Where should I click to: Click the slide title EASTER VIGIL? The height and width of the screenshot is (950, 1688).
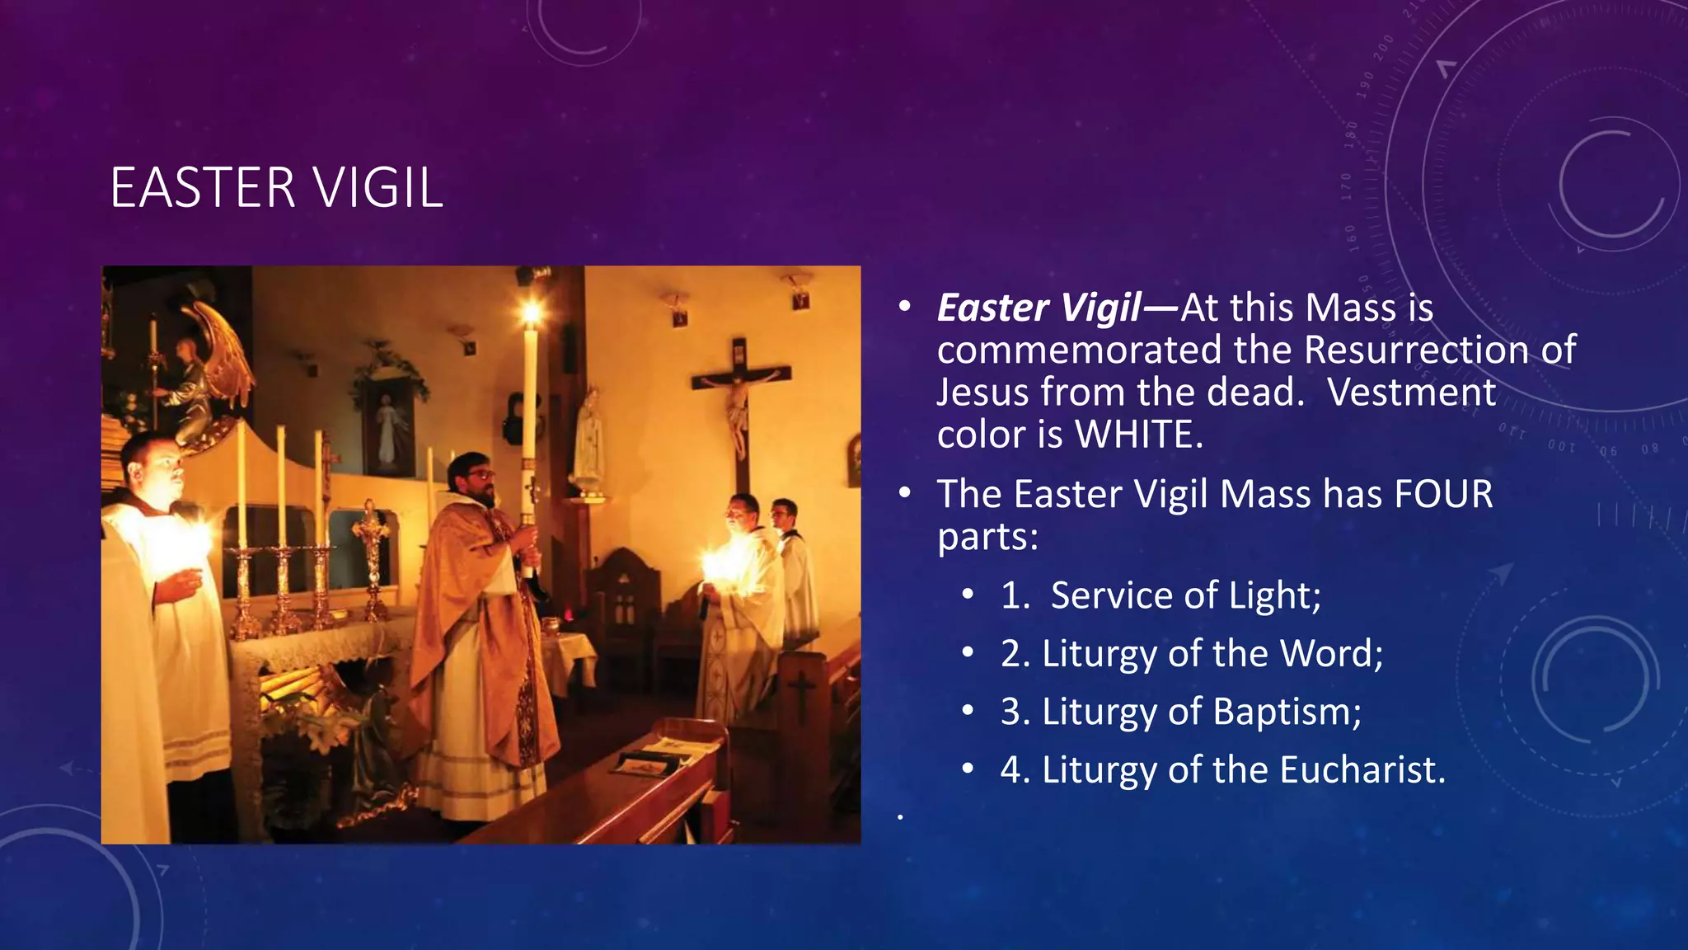pos(276,188)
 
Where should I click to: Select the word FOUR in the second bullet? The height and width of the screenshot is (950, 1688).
pos(1442,495)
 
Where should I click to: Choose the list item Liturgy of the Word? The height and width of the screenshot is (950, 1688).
pos(1191,653)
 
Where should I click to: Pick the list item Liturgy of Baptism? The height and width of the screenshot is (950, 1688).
pos(1180,712)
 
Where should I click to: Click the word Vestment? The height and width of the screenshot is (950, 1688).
pos(1411,393)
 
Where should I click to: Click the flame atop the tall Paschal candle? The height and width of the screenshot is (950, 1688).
pos(530,313)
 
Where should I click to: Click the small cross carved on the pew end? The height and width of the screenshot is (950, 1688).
pos(801,691)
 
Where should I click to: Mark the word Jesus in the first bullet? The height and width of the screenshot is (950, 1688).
pos(983,393)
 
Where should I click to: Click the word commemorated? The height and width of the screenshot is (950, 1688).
pos(1080,350)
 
